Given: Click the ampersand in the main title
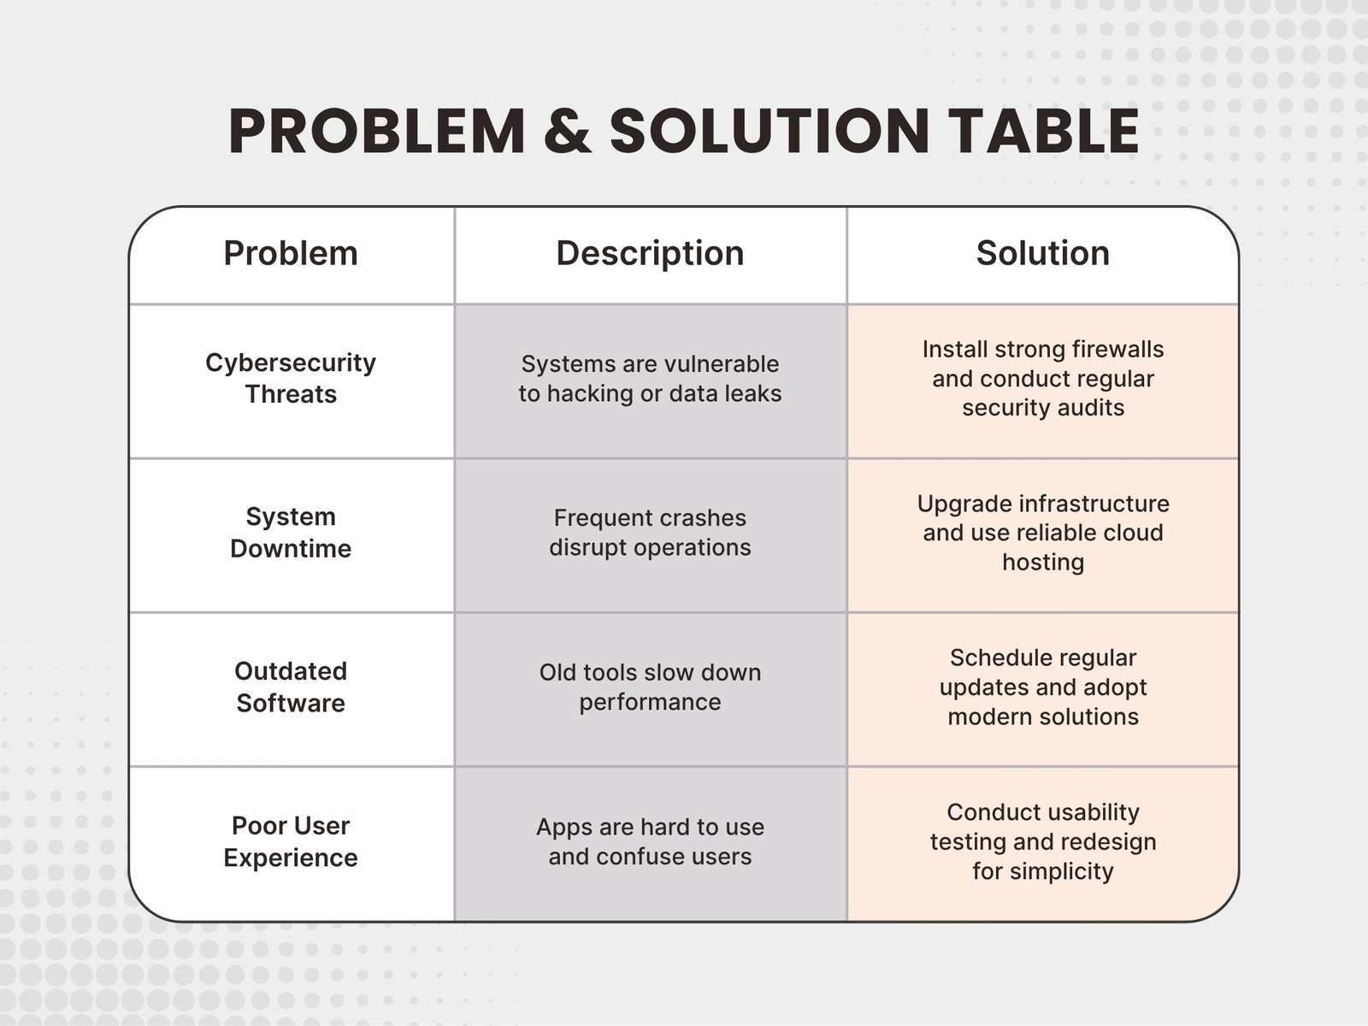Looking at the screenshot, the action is point(567,131).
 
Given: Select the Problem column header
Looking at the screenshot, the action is point(291,253).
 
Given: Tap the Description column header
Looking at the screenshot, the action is point(650,253).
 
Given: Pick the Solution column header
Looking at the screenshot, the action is point(1042,253).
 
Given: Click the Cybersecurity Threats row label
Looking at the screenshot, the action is point(291,378).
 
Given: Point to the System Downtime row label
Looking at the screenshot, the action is point(291,533).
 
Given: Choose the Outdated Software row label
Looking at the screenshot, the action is point(291,687).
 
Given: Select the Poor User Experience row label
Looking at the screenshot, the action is point(291,841).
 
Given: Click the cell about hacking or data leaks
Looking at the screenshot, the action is point(650,379).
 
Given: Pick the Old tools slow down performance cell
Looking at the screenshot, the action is point(650,687).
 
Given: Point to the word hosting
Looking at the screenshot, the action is point(1043,563).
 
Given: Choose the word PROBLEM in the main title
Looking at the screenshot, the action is point(377,131).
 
